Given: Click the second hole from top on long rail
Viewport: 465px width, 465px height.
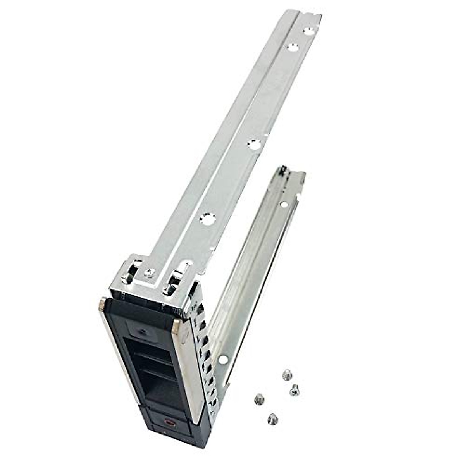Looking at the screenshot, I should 291,47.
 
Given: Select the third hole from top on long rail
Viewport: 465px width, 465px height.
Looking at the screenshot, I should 252,143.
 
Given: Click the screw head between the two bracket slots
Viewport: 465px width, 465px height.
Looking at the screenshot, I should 147,274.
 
